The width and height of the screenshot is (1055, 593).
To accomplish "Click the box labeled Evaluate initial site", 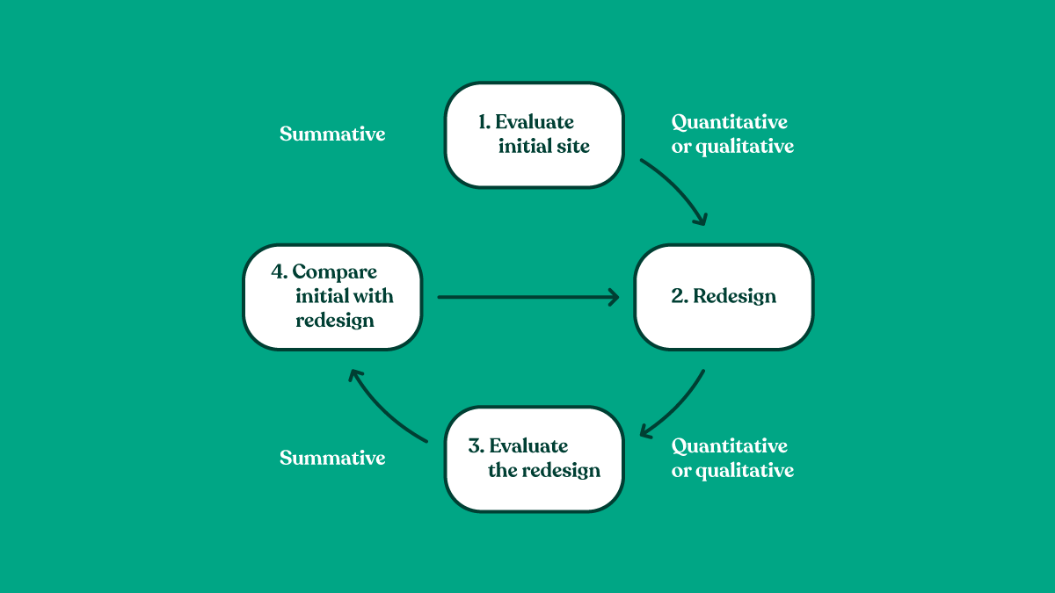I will (534, 134).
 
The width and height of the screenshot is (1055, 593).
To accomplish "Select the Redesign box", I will (724, 296).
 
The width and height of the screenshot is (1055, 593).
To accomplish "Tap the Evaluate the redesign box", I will (534, 459).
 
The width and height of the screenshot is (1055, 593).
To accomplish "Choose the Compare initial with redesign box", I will (332, 296).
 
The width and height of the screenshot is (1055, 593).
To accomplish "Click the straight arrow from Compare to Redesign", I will (527, 297).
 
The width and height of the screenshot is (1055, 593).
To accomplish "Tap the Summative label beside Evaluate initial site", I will (332, 134).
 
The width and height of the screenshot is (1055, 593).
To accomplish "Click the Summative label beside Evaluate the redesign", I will (332, 458).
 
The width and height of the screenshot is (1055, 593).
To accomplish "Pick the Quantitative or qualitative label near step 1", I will (732, 134).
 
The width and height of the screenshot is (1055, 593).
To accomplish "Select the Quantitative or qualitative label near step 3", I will (732, 458).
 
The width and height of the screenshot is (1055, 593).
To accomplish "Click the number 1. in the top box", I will (484, 122).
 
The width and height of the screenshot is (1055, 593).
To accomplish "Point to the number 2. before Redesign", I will (679, 296).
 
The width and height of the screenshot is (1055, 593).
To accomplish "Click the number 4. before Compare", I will (279, 271).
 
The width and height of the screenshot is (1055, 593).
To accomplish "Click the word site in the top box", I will (571, 147).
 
